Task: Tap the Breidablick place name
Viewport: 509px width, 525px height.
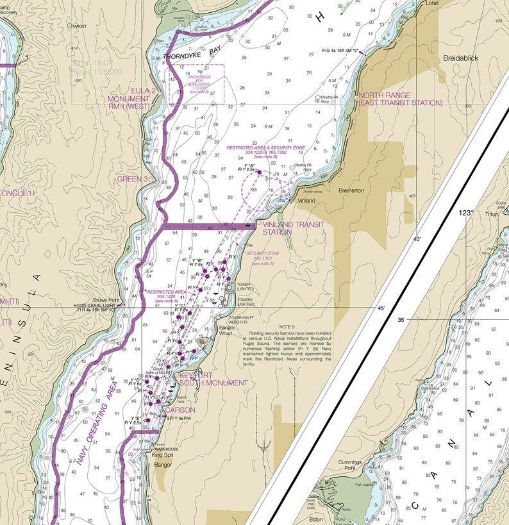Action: point(461,58)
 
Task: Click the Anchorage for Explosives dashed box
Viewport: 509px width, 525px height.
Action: point(196,83)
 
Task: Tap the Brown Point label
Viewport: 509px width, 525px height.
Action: point(106,300)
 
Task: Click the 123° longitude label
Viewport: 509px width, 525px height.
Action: point(466,212)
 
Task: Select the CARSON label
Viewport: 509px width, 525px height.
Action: point(180,410)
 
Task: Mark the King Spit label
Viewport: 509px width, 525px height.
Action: point(171,455)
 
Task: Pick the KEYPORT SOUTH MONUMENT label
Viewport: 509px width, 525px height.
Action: point(213,379)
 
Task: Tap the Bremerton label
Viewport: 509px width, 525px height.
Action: point(351,190)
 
